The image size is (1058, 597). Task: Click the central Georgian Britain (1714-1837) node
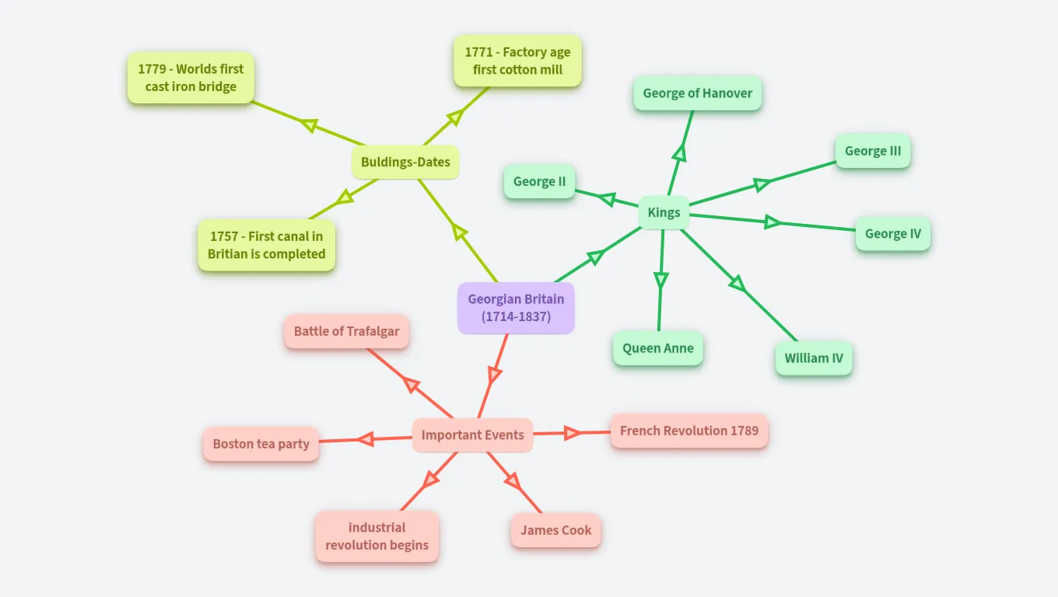[x=516, y=308]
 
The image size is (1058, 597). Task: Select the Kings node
[x=664, y=212]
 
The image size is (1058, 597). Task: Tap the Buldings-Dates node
[x=405, y=162]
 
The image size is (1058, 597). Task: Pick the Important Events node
[x=472, y=435]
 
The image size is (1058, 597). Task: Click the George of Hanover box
[x=697, y=93]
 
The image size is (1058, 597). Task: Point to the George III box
[x=873, y=151]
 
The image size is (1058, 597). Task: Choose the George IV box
[x=892, y=233]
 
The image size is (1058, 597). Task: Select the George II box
[x=539, y=182]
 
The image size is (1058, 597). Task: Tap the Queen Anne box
[x=657, y=348]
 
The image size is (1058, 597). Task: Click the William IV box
[x=813, y=358]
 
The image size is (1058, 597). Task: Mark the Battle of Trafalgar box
[x=346, y=331]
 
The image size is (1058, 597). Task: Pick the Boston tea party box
[x=261, y=444]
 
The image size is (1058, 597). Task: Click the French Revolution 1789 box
[x=688, y=431]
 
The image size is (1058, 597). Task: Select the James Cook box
[x=555, y=530]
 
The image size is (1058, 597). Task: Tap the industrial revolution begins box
[x=377, y=536]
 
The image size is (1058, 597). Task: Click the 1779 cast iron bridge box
[x=191, y=78]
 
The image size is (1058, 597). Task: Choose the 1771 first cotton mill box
[x=517, y=61]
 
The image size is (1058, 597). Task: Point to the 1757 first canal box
[x=266, y=245]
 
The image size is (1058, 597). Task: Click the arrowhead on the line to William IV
[x=737, y=284]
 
